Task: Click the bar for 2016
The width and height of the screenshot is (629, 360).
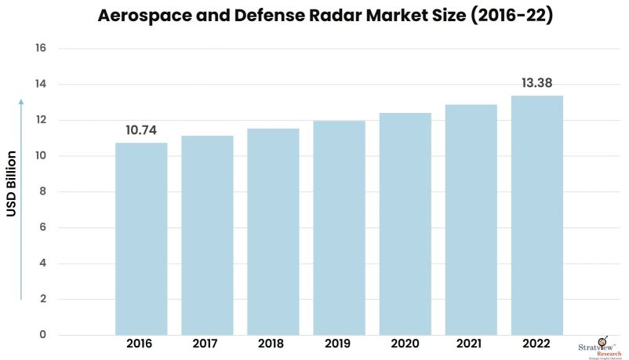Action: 141,238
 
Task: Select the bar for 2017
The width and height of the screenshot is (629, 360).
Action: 207,235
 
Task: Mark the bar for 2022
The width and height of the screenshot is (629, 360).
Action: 537,215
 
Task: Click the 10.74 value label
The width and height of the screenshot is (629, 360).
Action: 141,131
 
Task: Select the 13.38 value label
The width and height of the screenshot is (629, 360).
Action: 537,83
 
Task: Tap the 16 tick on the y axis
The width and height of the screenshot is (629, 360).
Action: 41,49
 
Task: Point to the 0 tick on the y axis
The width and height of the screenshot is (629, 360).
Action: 43,335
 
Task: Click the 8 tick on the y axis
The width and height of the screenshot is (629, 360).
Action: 43,192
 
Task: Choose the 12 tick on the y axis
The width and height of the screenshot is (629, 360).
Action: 41,120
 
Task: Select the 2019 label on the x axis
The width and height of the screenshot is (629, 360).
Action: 339,344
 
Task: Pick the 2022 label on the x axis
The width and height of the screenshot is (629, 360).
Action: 537,344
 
